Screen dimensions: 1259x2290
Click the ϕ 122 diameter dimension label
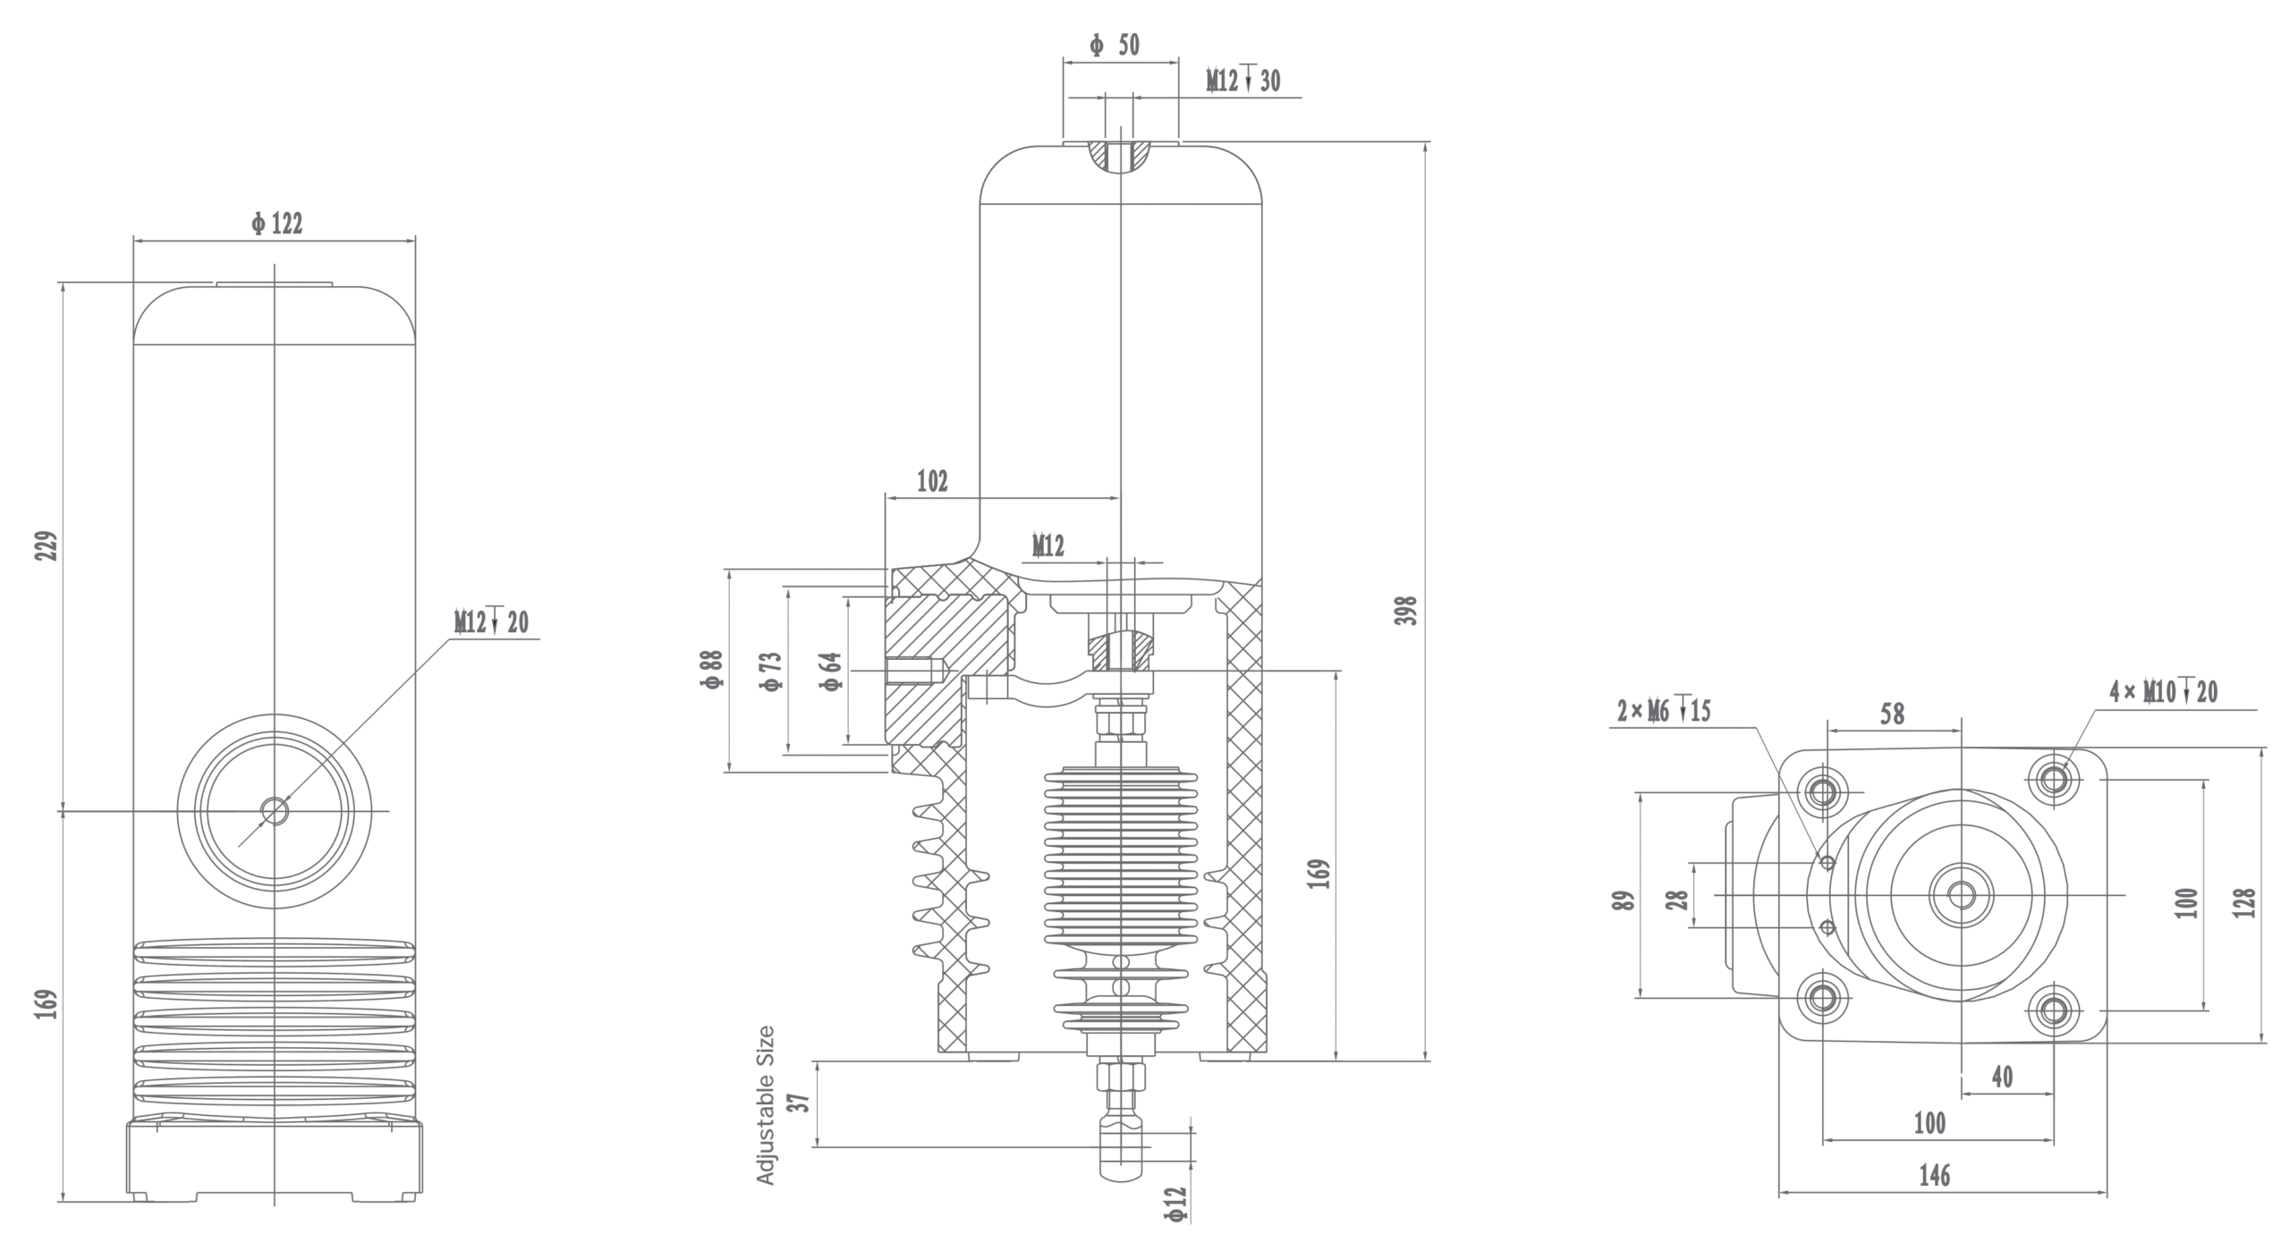pyautogui.click(x=277, y=224)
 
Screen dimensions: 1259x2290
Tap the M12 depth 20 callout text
pyautogui.click(x=491, y=621)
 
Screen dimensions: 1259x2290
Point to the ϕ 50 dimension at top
pyautogui.click(x=1115, y=45)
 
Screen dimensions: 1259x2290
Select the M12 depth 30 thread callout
pyautogui.click(x=1243, y=81)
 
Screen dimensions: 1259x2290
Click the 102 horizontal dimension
pyautogui.click(x=932, y=481)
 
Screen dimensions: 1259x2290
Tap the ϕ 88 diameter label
pyautogui.click(x=713, y=669)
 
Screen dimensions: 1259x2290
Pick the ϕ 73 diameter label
pyautogui.click(x=771, y=671)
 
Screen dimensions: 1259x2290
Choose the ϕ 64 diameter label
pyautogui.click(x=831, y=671)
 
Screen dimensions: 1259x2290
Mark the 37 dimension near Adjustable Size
pyautogui.click(x=802, y=1102)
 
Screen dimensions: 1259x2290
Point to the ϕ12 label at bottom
pyautogui.click(x=1175, y=1204)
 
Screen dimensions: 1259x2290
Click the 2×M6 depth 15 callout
pyautogui.click(x=1663, y=711)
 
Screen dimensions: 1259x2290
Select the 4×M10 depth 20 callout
pyautogui.click(x=2163, y=691)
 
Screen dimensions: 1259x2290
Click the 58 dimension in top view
pyautogui.click(x=1892, y=714)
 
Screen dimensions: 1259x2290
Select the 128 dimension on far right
pyautogui.click(x=2243, y=902)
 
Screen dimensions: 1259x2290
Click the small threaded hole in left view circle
pyautogui.click(x=275, y=811)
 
